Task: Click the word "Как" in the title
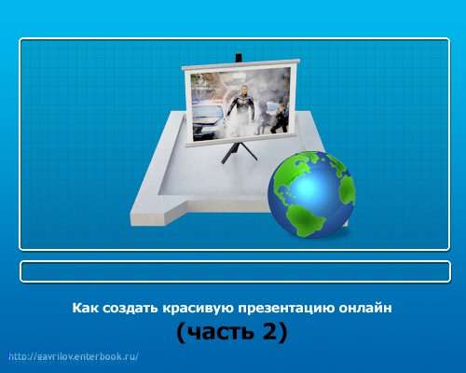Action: [85, 308]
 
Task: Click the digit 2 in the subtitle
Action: [269, 330]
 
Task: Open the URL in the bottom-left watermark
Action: [74, 356]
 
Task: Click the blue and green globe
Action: [311, 195]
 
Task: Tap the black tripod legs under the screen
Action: [239, 152]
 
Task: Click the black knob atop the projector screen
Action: [239, 58]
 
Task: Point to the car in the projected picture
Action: [208, 120]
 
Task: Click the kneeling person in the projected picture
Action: [279, 119]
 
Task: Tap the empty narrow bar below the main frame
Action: [235, 271]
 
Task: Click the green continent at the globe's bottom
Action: [305, 220]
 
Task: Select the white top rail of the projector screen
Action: [240, 64]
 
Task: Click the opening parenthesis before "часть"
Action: [181, 333]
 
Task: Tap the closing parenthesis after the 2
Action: [282, 333]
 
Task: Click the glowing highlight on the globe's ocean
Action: [308, 186]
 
